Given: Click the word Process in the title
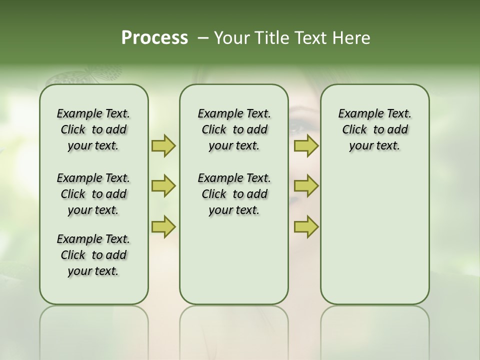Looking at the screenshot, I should [154, 38].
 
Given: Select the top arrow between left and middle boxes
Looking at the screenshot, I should [163, 146].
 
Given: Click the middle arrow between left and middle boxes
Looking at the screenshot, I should [163, 186].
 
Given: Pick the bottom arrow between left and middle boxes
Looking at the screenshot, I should [163, 226].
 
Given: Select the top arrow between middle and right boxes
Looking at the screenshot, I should [306, 146].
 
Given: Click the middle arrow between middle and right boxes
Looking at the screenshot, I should [306, 186].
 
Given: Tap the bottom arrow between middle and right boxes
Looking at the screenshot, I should [306, 226].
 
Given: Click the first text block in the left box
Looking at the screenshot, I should [93, 129].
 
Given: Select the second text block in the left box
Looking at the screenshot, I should [93, 194].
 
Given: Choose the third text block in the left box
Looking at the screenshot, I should [93, 255].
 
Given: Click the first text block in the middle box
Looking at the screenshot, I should [234, 129].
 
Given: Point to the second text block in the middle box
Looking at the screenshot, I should [234, 194].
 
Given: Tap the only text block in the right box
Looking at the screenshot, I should [374, 129].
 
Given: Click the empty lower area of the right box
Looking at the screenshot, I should [374, 240].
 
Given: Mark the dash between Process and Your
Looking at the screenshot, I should [203, 38].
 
